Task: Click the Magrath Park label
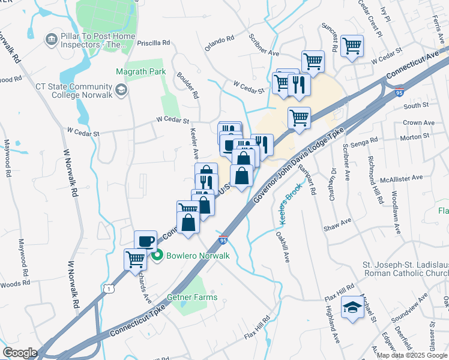tap(140, 71)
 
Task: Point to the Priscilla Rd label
tap(154, 43)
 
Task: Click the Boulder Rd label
tap(187, 86)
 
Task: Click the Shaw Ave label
tap(337, 224)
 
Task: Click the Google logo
tap(20, 352)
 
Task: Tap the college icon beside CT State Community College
tap(122, 90)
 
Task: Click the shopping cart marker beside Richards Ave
tap(135, 259)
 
